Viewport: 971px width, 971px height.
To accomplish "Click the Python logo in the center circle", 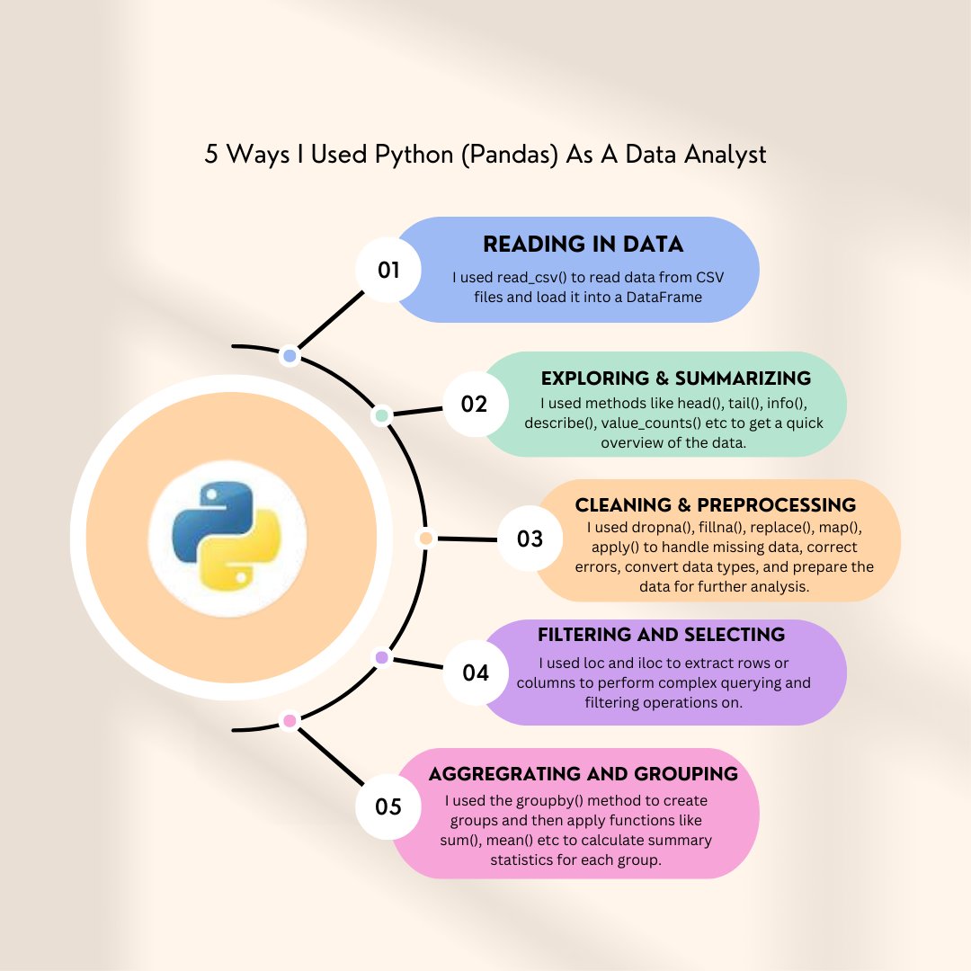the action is pos(227,538).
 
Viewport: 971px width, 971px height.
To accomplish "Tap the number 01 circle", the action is pos(388,269).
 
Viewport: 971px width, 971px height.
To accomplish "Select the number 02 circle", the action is pos(474,404).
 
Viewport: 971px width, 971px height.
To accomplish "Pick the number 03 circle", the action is pos(530,539).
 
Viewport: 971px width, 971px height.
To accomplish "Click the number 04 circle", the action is pos(476,672).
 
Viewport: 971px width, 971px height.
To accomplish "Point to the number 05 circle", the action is pos(388,806).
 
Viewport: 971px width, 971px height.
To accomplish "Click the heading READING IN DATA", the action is pos(583,245).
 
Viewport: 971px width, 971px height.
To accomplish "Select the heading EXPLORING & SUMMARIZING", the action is pos(676,379).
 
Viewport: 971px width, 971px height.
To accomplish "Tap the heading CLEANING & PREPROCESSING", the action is pos(716,505).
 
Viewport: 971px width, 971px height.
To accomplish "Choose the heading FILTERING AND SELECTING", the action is pos(661,635).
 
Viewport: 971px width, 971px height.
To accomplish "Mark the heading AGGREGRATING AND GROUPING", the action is pos(583,774).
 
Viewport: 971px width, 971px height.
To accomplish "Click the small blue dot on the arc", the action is pos(290,356).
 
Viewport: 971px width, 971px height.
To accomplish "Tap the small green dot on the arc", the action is pos(381,416).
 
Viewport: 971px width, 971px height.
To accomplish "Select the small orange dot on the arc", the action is pos(426,538).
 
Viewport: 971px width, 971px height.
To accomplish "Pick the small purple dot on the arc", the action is pos(381,658).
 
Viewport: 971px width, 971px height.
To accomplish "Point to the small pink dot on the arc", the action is pos(289,720).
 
